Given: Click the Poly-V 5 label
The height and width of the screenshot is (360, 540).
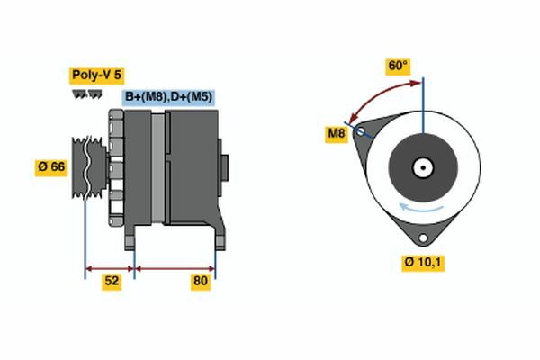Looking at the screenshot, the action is pos(97,75).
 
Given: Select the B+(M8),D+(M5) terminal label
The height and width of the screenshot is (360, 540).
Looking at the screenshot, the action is pos(168,97).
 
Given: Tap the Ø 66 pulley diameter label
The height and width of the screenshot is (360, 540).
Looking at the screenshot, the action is pos(51,167).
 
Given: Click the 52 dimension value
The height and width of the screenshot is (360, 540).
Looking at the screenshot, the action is pos(112,281).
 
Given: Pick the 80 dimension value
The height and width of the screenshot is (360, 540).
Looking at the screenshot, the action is pos(201,281).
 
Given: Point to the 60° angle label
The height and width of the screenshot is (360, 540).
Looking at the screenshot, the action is pos(398,66).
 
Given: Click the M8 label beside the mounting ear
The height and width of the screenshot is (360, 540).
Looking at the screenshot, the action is pos(337,133).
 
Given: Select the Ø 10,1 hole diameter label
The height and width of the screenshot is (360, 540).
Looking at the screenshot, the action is pos(423,263).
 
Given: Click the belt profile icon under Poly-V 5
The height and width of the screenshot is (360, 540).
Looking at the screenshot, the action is pos(86,94).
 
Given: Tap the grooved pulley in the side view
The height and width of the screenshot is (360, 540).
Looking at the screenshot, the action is pos(89,167).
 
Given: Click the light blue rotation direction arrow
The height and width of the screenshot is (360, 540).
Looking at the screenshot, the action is pos(421,207).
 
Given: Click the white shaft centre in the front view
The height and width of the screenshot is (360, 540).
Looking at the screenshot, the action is pos(423,168).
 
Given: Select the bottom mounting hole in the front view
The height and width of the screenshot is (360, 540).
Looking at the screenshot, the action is pos(423,238).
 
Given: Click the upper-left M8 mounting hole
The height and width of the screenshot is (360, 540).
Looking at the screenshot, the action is pos(361,131).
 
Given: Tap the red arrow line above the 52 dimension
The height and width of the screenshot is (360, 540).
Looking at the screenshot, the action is pos(110,269).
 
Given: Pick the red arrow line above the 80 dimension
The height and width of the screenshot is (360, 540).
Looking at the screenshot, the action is pos(175,269).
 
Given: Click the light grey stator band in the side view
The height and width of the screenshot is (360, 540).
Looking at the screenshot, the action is pos(158,167).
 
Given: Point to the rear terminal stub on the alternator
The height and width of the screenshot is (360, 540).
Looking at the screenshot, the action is pos(224,167).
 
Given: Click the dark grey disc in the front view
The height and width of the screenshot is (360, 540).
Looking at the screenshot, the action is pos(423,168).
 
